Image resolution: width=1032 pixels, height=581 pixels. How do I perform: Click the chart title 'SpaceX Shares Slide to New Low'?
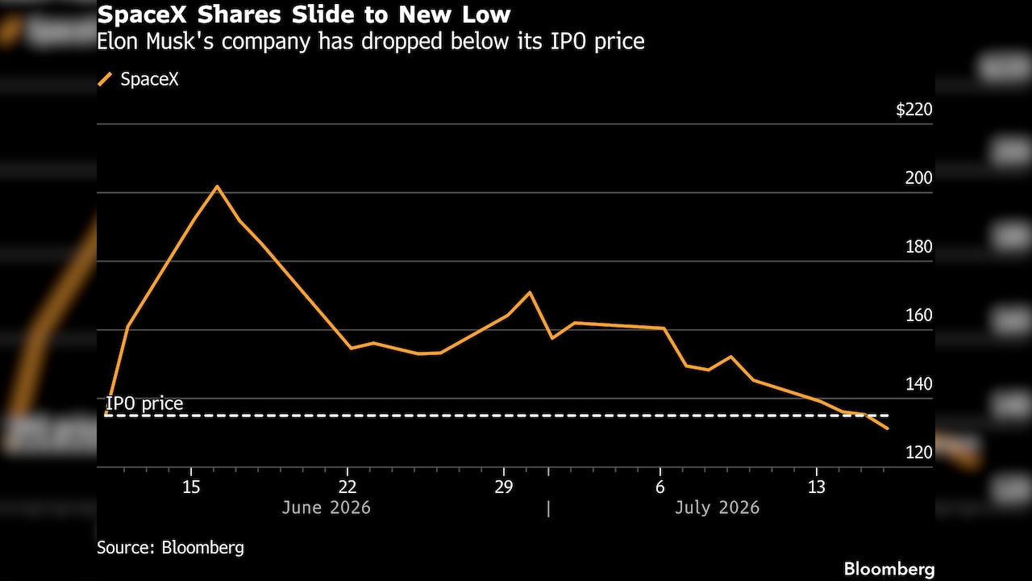(304, 15)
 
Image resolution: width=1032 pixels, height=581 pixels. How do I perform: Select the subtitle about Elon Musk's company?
(370, 41)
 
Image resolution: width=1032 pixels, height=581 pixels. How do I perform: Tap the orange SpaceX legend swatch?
(105, 79)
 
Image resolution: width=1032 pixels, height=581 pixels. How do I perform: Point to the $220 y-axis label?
(914, 110)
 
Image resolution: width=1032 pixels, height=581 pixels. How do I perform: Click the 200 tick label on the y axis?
(918, 178)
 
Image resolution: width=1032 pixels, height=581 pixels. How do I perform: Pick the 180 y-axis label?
(919, 247)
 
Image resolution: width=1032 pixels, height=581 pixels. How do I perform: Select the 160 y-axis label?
(919, 316)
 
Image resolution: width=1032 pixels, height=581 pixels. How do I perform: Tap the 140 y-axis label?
(919, 384)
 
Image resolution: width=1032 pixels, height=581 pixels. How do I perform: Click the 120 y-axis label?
(919, 453)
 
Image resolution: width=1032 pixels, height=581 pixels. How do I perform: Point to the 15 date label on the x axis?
(191, 487)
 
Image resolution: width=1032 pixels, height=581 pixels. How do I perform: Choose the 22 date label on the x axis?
(347, 487)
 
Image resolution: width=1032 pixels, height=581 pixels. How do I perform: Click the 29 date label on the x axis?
(504, 487)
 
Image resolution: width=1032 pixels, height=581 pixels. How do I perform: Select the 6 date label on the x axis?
(660, 487)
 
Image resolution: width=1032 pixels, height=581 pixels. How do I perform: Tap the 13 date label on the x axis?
(817, 487)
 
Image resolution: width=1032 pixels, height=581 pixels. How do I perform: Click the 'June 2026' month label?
(327, 508)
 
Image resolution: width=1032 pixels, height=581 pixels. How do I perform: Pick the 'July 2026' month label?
(717, 508)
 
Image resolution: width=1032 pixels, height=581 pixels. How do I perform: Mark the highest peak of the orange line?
(217, 186)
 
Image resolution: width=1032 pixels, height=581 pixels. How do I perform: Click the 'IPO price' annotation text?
(144, 404)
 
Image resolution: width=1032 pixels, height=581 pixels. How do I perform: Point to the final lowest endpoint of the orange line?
(888, 428)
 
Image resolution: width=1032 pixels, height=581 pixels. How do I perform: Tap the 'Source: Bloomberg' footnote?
(170, 548)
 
